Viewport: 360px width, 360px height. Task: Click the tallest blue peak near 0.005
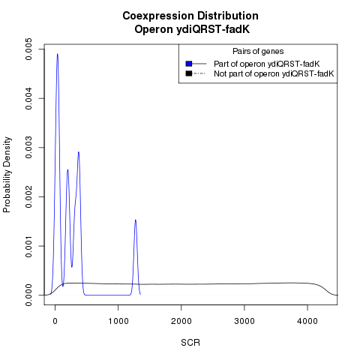coord(58,54)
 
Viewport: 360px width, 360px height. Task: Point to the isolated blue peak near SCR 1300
coord(135,220)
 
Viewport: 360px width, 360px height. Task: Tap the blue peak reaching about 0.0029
coord(79,152)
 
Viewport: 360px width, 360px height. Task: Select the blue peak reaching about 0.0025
coord(67,170)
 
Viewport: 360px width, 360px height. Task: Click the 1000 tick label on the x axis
coord(118,321)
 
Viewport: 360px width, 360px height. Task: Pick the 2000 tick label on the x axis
coord(181,321)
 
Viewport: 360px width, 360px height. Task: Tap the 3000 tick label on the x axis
coord(244,321)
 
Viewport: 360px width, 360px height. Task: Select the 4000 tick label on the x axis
coord(307,321)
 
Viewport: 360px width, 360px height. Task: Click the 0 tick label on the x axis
coord(55,321)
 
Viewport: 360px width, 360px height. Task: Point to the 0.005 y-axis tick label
coord(28,49)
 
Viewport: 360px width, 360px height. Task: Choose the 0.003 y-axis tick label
coord(28,148)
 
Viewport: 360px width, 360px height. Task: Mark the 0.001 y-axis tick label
coord(28,246)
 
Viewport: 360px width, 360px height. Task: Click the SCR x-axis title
coord(190,343)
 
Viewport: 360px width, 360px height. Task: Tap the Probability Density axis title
coord(7,175)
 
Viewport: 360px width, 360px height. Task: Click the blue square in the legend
coord(189,64)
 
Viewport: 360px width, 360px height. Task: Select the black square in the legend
coord(189,73)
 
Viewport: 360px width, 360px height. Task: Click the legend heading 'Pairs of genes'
coord(258,52)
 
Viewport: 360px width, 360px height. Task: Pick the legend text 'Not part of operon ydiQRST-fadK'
coord(274,73)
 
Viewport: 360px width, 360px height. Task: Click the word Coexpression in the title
coord(158,16)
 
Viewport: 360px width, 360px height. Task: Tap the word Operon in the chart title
coord(154,29)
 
